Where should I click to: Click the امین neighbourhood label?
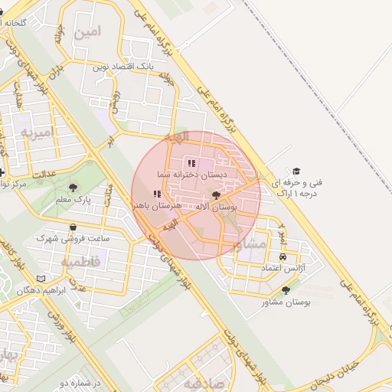[88, 32]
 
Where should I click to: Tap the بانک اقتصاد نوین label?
[124, 67]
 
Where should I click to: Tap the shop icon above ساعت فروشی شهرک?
[73, 227]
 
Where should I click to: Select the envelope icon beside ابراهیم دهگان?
[41, 279]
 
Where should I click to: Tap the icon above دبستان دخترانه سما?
[191, 162]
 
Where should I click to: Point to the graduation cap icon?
[296, 171]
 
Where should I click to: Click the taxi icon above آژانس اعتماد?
[284, 256]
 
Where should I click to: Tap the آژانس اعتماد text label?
[283, 269]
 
